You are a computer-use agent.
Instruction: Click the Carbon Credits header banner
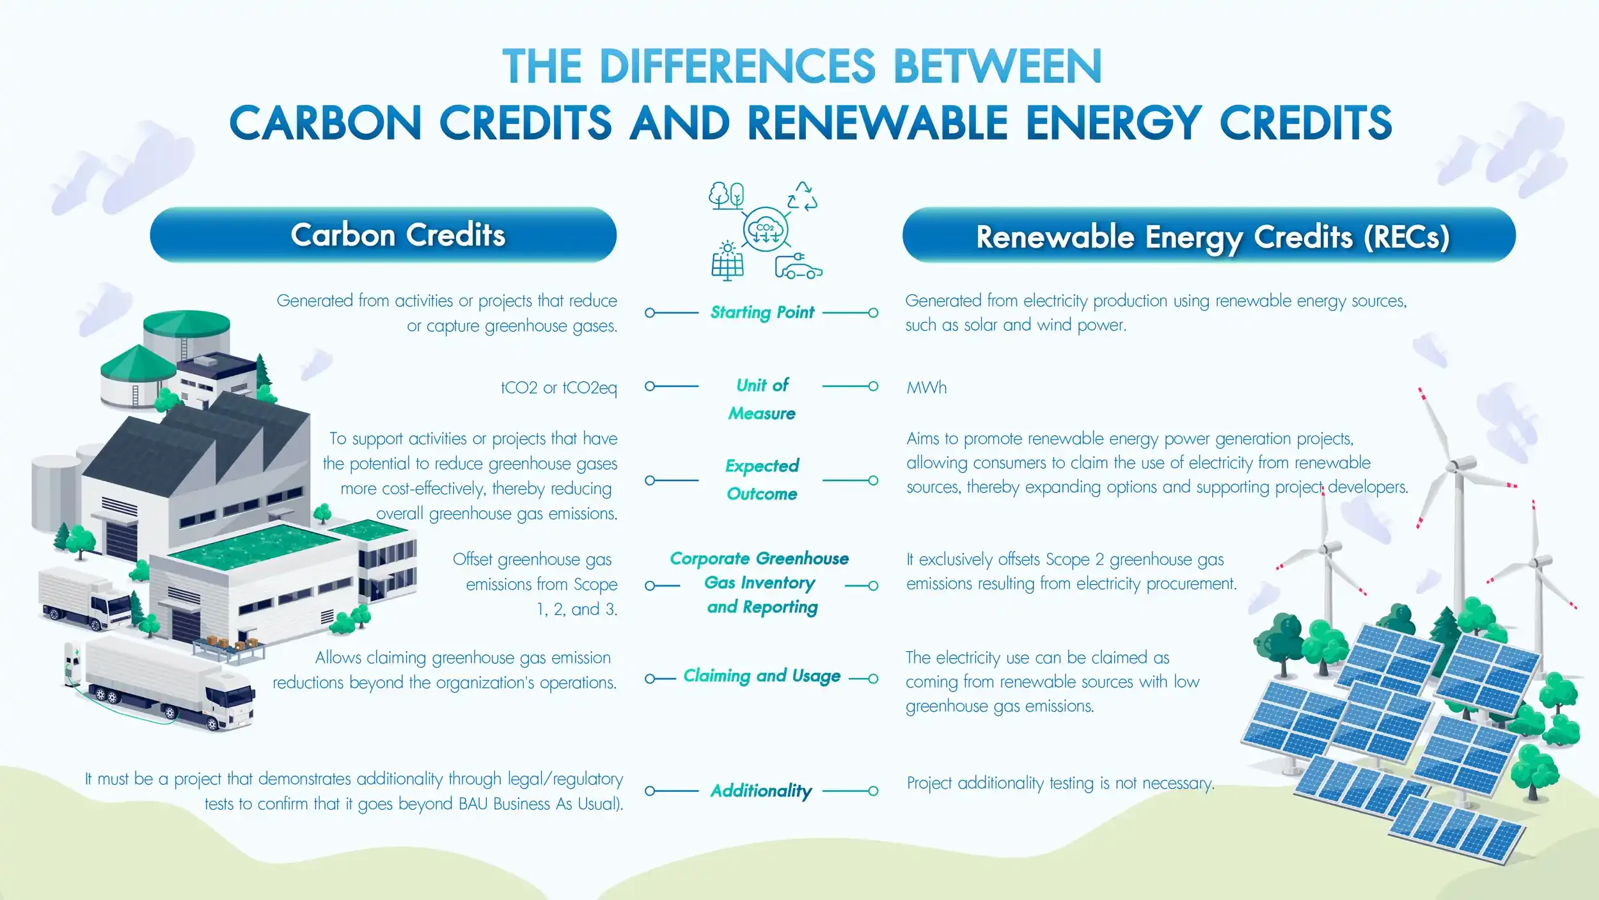tap(383, 234)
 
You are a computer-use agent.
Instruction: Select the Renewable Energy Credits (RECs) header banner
tap(1209, 234)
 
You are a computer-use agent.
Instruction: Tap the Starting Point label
tap(762, 312)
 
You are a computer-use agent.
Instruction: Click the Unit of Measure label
tap(762, 399)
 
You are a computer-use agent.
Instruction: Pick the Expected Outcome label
tap(762, 480)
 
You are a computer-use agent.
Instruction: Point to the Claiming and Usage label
tap(762, 676)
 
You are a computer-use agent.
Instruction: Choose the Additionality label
tap(761, 791)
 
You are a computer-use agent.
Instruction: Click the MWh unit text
tap(927, 388)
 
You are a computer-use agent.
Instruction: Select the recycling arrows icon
tap(802, 196)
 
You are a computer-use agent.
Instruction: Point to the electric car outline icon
tap(798, 266)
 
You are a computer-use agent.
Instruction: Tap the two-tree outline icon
tap(726, 196)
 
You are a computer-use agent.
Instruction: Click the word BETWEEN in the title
tap(997, 66)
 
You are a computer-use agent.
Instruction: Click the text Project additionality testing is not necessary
tap(1060, 784)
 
